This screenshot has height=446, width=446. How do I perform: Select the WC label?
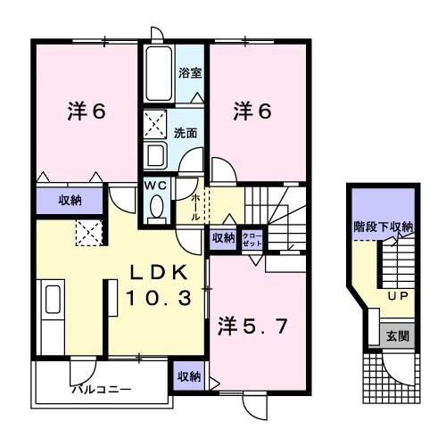pos(157,185)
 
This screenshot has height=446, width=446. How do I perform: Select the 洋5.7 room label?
pos(254,326)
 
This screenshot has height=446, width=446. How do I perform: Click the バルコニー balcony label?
pos(102,390)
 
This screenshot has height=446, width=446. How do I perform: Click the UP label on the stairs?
pos(396,295)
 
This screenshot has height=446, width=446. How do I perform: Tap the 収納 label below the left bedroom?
pos(71,201)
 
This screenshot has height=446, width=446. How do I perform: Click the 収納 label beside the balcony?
pos(188,376)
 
